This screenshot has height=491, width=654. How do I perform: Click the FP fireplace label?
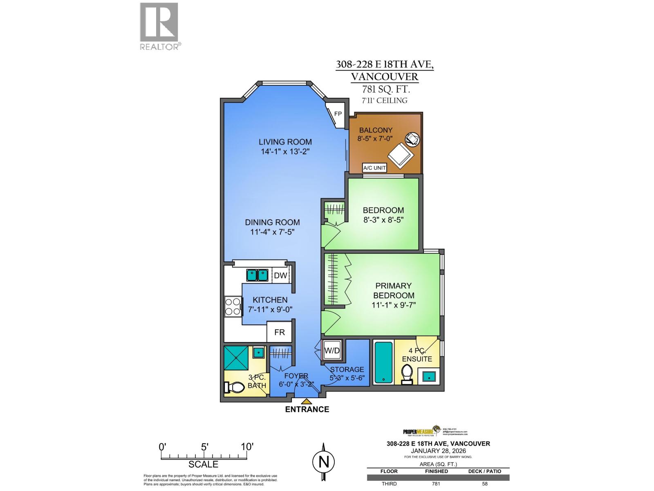pos(338,114)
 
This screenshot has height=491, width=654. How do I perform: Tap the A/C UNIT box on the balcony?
pos(374,168)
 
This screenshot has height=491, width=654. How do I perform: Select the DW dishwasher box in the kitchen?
pos(280,275)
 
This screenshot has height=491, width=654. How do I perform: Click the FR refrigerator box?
pos(280,332)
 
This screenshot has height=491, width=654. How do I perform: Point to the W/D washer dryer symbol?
pos(332,350)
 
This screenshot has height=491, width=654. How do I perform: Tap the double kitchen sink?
pos(257,275)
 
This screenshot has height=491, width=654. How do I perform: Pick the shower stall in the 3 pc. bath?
pos(236,358)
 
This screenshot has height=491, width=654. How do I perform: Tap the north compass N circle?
pos(324,462)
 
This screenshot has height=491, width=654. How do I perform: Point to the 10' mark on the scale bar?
pos(247,446)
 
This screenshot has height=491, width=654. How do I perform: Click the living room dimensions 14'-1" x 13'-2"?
pos(285,152)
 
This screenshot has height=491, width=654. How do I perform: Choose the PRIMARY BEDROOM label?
pos(393,291)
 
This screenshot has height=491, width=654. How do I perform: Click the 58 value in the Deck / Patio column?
pos(484,484)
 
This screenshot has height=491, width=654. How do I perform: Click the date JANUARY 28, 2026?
pos(438,450)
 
